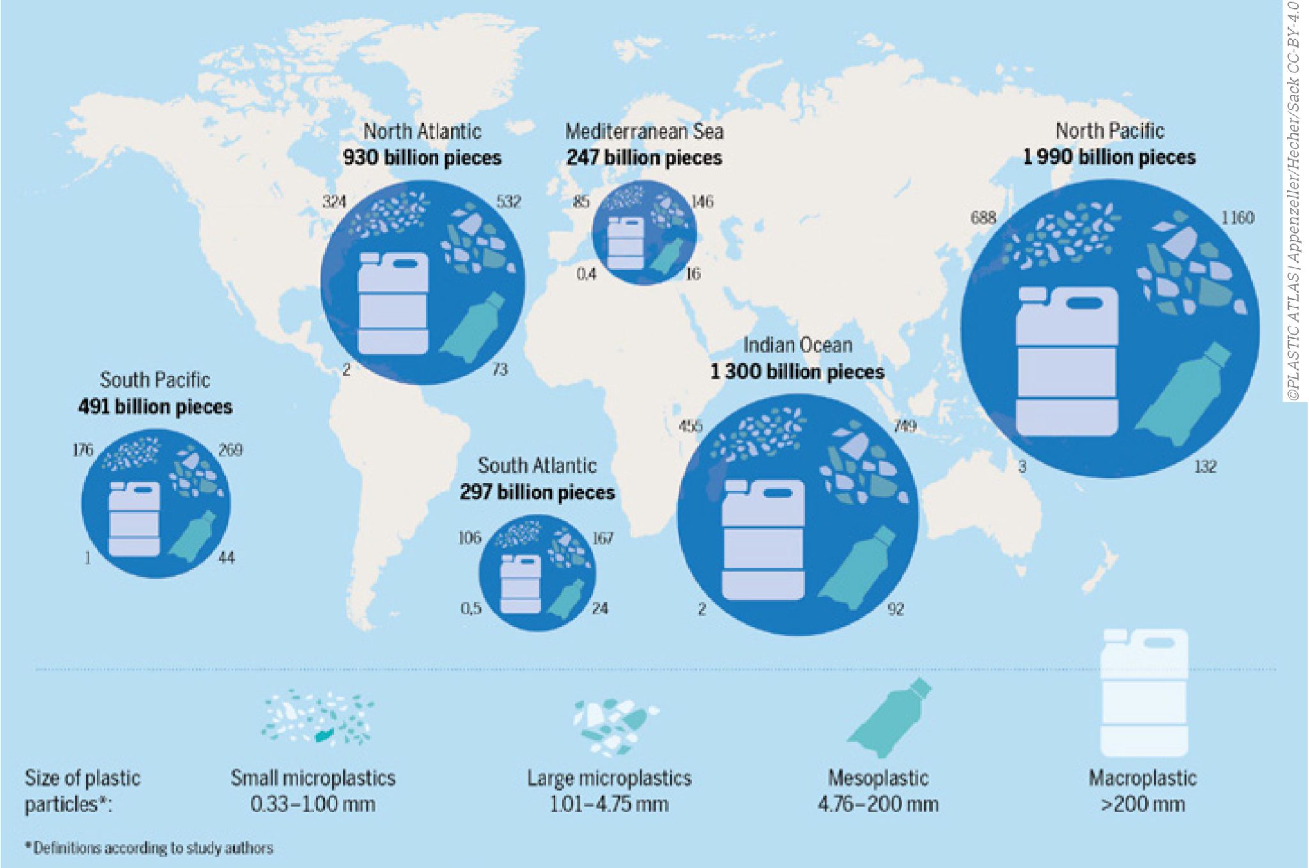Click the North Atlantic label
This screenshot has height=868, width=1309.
[422, 132]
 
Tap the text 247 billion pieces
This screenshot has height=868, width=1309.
[644, 158]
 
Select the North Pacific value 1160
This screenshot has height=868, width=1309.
[1237, 218]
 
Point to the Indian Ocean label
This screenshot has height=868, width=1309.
[798, 345]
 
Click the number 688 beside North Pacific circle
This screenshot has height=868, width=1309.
[983, 218]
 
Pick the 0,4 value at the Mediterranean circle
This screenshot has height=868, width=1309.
[586, 274]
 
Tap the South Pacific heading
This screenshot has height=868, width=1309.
[155, 380]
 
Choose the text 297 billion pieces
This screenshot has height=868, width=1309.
[537, 492]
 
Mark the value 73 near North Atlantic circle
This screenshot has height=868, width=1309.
[500, 369]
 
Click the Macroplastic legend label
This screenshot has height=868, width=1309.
[1142, 778]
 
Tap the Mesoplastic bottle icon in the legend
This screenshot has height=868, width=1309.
[890, 719]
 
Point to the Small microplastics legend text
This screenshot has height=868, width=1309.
[313, 778]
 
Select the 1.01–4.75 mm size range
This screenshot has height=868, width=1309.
[609, 803]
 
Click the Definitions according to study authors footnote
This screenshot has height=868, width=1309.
[149, 848]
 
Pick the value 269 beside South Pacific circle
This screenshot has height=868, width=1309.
[230, 450]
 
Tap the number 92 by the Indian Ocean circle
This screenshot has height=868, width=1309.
[895, 609]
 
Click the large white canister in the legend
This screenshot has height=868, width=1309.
[1143, 692]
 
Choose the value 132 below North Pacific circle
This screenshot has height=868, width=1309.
[1205, 466]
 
